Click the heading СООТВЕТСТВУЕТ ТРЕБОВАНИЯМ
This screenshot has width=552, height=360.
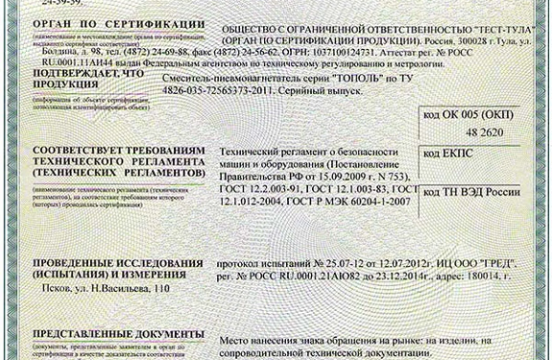(x=114, y=154)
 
